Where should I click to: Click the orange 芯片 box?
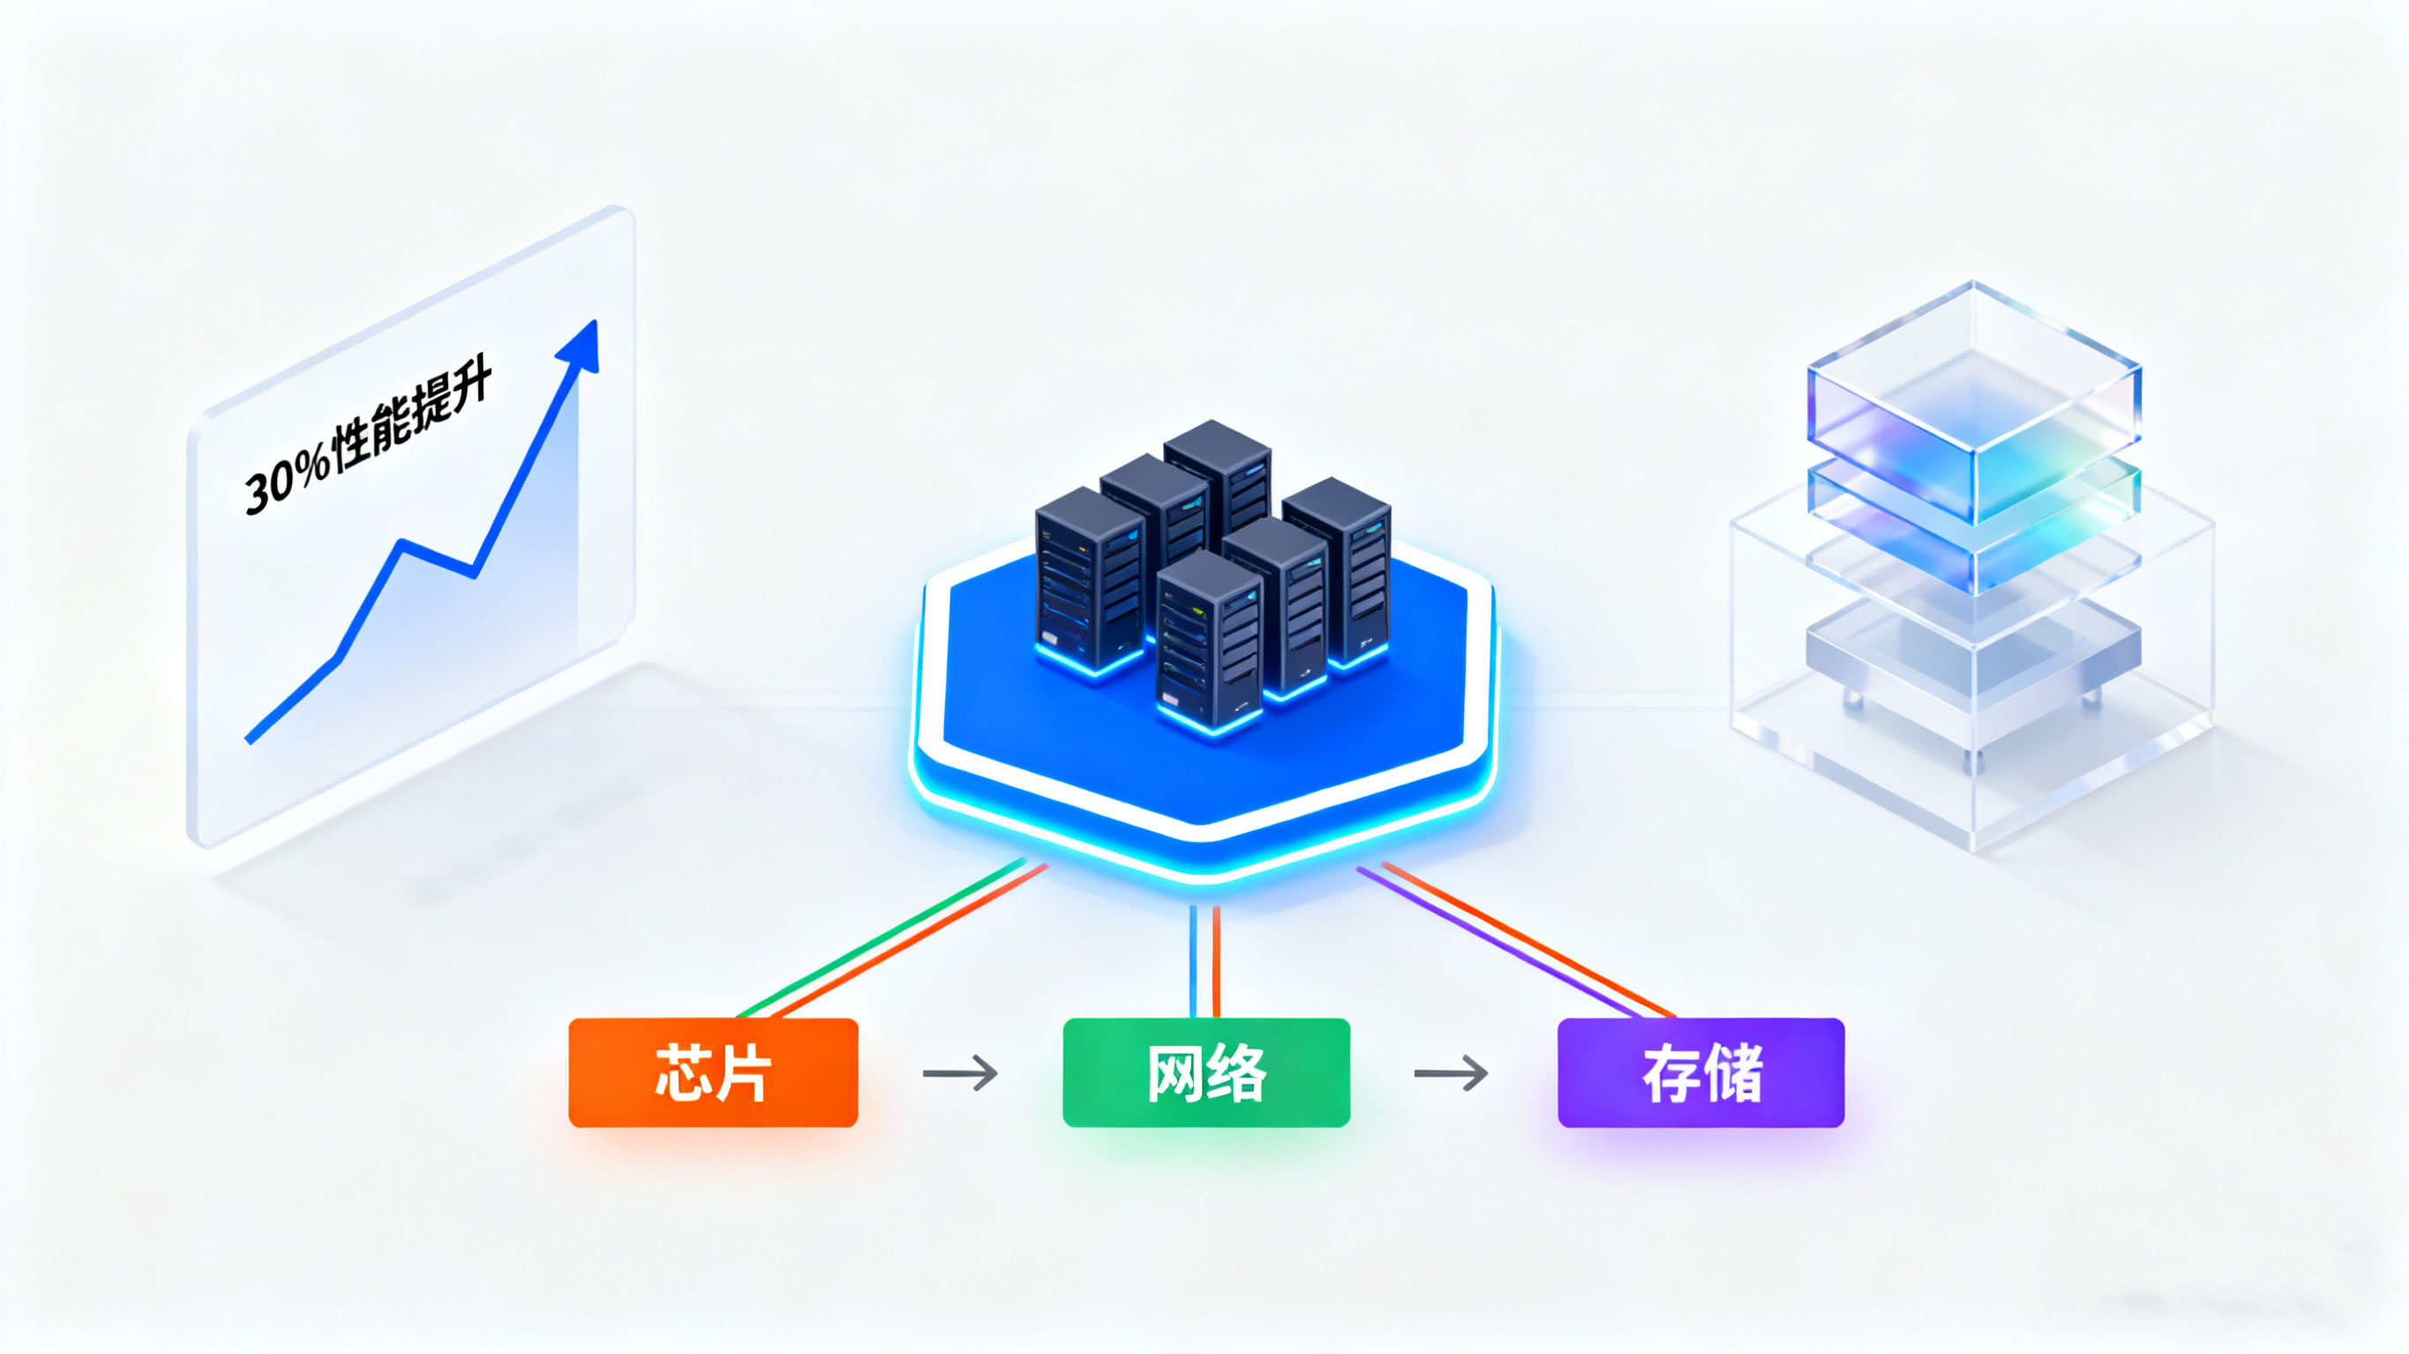pyautogui.click(x=713, y=1073)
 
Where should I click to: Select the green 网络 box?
pyautogui.click(x=1206, y=1073)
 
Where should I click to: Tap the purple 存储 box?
pyautogui.click(x=1700, y=1073)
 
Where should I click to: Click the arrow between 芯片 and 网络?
pyautogui.click(x=959, y=1073)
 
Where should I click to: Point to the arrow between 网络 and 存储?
pyautogui.click(x=1451, y=1073)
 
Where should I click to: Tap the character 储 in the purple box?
pyautogui.click(x=1733, y=1073)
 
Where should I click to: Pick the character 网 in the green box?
pyautogui.click(x=1175, y=1073)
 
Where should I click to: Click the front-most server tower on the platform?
pyautogui.click(x=1208, y=640)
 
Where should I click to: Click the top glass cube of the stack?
pyautogui.click(x=1973, y=402)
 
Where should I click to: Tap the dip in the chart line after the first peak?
pyautogui.click(x=475, y=572)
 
